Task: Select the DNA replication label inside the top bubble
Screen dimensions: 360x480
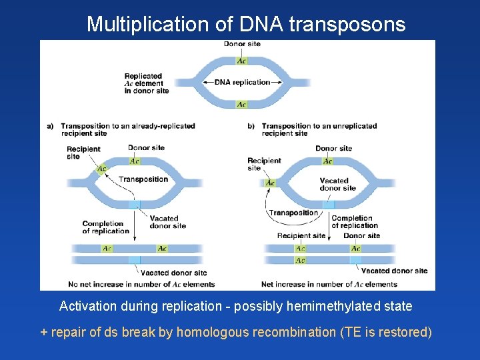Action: (243, 82)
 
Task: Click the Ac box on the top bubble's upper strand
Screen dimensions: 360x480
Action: (241, 61)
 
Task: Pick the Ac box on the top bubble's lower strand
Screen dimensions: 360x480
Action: (241, 105)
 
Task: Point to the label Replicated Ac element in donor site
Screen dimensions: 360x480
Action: (147, 83)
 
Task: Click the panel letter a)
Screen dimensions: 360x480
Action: (51, 126)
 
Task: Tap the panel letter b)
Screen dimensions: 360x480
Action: (251, 126)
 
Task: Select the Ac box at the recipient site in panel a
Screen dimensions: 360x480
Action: (101, 169)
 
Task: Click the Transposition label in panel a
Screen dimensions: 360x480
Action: (143, 179)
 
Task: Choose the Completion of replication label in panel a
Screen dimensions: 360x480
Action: (105, 227)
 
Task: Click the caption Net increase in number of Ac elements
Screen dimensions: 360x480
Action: (329, 284)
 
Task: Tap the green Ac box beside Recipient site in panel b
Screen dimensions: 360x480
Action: (270, 183)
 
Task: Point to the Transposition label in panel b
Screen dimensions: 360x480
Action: (293, 213)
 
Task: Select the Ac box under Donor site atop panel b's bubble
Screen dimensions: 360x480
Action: (327, 161)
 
